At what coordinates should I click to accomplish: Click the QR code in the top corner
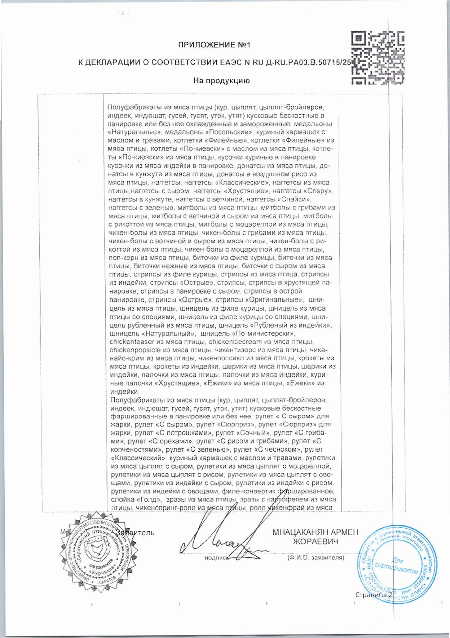pyautogui.click(x=378, y=58)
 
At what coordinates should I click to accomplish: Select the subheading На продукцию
pyautogui.click(x=221, y=81)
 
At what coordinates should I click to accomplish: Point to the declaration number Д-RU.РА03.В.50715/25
pyautogui.click(x=308, y=62)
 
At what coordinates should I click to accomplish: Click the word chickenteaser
pyautogui.click(x=132, y=341)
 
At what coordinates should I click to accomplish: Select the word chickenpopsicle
pyautogui.click(x=134, y=350)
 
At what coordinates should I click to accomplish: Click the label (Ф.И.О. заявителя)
pyautogui.click(x=316, y=558)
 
